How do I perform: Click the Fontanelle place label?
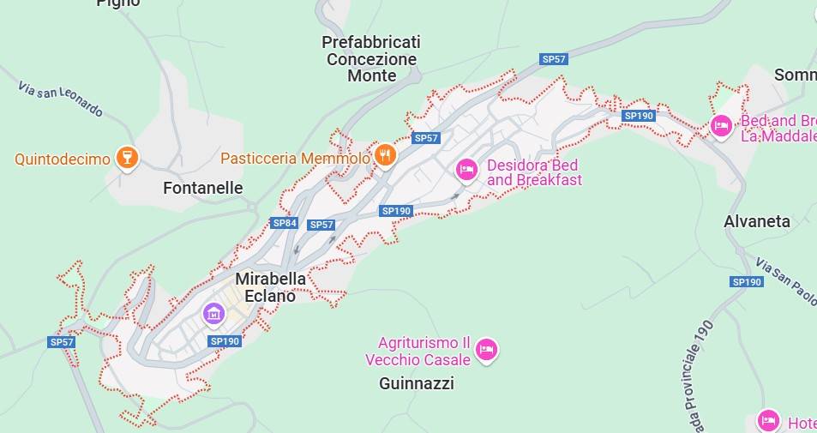point(202,188)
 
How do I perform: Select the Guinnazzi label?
point(416,383)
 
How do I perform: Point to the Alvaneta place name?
point(756,221)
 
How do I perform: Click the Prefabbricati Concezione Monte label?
point(371,58)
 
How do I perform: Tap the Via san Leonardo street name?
point(60,98)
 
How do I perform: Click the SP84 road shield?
point(284,223)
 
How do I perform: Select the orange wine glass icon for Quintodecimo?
point(128,158)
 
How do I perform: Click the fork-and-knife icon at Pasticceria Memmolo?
point(386,156)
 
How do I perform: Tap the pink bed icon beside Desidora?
point(466,170)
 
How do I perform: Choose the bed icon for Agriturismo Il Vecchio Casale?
point(486,350)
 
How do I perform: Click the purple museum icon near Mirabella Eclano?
point(213,315)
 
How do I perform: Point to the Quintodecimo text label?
point(63,159)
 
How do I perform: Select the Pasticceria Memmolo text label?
point(295,158)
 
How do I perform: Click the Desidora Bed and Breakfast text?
point(533,172)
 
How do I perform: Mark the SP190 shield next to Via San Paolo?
point(747,281)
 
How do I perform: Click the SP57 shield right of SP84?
point(321,225)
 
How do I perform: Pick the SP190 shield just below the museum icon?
point(225,341)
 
